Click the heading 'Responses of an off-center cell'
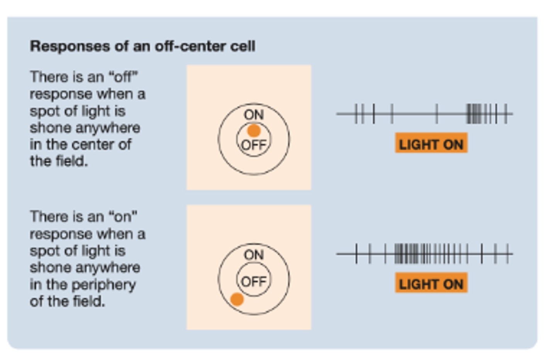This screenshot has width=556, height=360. [142, 46]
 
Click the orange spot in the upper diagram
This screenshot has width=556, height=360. [254, 131]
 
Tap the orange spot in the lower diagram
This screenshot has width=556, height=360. [237, 299]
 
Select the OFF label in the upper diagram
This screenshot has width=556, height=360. [254, 145]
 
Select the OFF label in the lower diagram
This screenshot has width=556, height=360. [254, 282]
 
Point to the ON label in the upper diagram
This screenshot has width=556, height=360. [254, 115]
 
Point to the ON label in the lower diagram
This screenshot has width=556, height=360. [254, 255]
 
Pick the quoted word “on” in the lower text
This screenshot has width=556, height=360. [123, 217]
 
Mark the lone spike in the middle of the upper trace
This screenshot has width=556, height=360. [437, 114]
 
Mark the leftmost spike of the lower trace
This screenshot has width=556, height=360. [356, 254]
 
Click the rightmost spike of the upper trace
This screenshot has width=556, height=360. [505, 114]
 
